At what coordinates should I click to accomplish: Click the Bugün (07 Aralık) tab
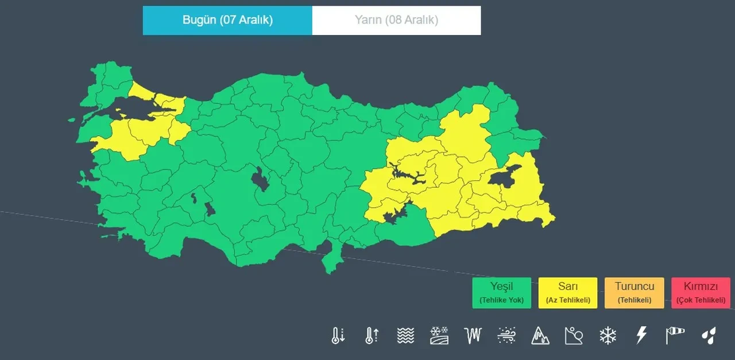(227, 20)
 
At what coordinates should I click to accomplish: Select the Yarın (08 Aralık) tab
(396, 20)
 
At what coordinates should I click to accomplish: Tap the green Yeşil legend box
(501, 293)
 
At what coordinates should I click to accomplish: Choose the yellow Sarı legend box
(568, 293)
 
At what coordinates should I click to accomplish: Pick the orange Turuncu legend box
(634, 293)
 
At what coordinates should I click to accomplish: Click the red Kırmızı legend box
(701, 293)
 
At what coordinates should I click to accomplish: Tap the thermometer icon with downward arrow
(338, 335)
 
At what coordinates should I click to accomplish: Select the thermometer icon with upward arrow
(372, 335)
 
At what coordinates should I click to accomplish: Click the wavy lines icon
(405, 335)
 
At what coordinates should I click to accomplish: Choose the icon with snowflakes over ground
(439, 335)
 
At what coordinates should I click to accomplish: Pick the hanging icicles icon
(473, 335)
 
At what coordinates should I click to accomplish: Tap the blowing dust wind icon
(506, 335)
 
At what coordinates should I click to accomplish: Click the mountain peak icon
(540, 335)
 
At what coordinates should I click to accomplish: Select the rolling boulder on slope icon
(574, 335)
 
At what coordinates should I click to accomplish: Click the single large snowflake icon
(608, 335)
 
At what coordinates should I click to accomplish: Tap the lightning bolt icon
(641, 335)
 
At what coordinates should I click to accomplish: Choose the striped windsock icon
(675, 335)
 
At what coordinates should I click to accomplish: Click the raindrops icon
(709, 335)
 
